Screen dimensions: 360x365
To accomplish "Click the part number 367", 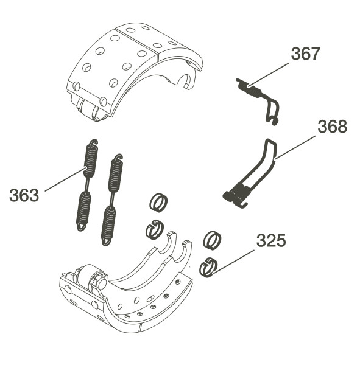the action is click(305, 54).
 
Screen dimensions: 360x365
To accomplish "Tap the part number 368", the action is click(332, 127).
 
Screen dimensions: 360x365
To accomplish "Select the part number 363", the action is click(24, 195).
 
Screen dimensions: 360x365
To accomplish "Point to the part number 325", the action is click(271, 240).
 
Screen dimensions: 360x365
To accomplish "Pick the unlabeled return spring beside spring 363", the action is click(112, 200).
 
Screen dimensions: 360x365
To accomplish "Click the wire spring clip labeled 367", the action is click(259, 101).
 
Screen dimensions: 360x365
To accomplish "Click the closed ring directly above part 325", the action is click(212, 241).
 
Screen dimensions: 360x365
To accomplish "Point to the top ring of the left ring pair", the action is click(158, 203).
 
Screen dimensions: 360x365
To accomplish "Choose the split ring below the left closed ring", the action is click(155, 229).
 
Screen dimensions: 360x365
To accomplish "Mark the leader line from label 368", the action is click(295, 148).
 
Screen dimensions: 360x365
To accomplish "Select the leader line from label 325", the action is click(234, 262).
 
